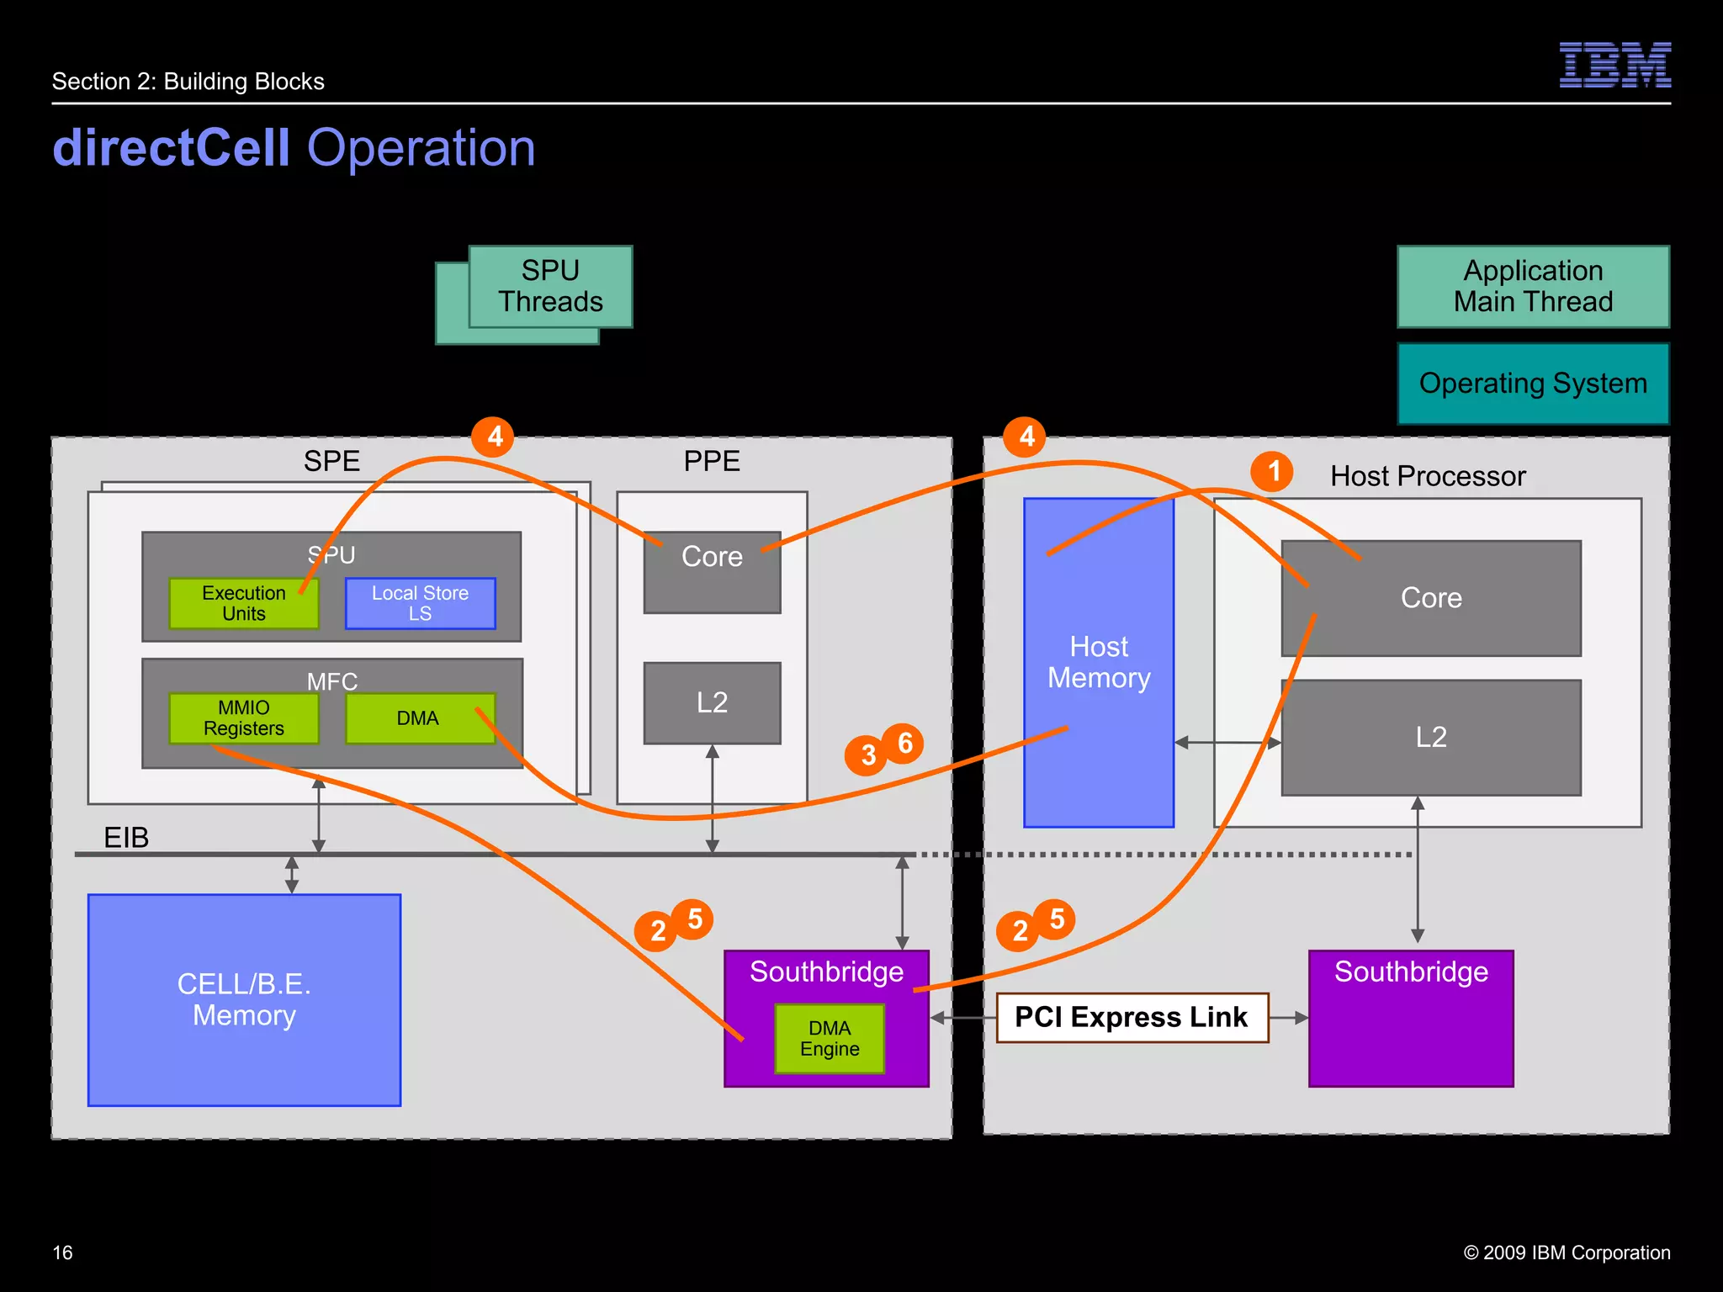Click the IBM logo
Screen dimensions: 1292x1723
tap(1614, 65)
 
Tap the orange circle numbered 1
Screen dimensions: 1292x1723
tap(1272, 471)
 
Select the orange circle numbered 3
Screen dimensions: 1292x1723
tap(867, 755)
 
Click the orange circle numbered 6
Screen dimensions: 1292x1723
tap(904, 743)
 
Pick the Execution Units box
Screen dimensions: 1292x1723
tap(243, 603)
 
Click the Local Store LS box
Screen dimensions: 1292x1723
tap(420, 603)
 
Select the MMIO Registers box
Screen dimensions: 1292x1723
tap(243, 717)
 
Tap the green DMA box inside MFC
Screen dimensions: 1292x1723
tap(418, 718)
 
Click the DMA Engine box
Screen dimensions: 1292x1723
tap(830, 1039)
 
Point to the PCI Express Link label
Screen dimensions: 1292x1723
tap(1132, 1018)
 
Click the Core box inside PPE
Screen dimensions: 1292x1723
tap(712, 572)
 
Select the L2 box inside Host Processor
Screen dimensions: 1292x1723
tap(1430, 738)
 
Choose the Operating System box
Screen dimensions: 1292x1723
tap(1533, 384)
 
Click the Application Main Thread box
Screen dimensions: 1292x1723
tap(1533, 286)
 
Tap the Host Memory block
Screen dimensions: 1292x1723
tap(1098, 663)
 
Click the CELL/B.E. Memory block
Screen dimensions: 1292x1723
tap(244, 999)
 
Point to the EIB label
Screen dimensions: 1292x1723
tap(126, 838)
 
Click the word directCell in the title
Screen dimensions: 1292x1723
tap(172, 148)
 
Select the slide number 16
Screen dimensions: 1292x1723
tap(62, 1252)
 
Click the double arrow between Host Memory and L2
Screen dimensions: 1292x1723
tap(1227, 743)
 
